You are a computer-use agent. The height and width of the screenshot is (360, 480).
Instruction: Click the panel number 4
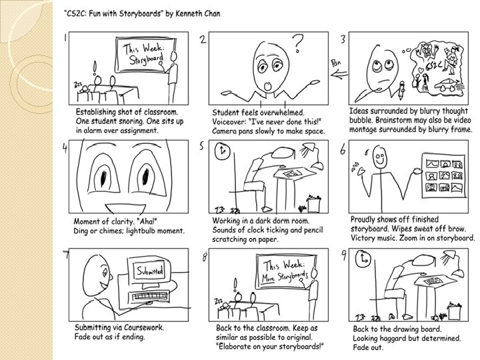pos(65,148)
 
